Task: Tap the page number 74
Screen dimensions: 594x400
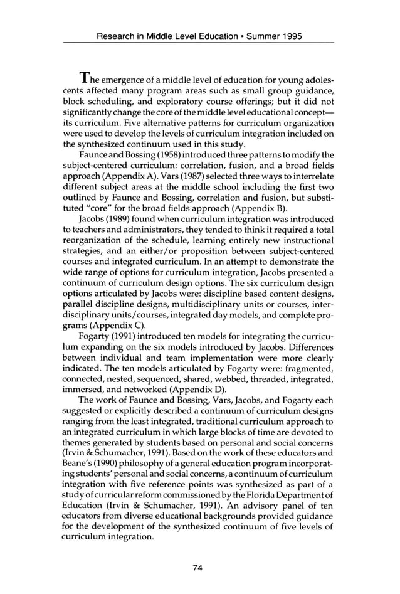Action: pyautogui.click(x=199, y=568)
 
